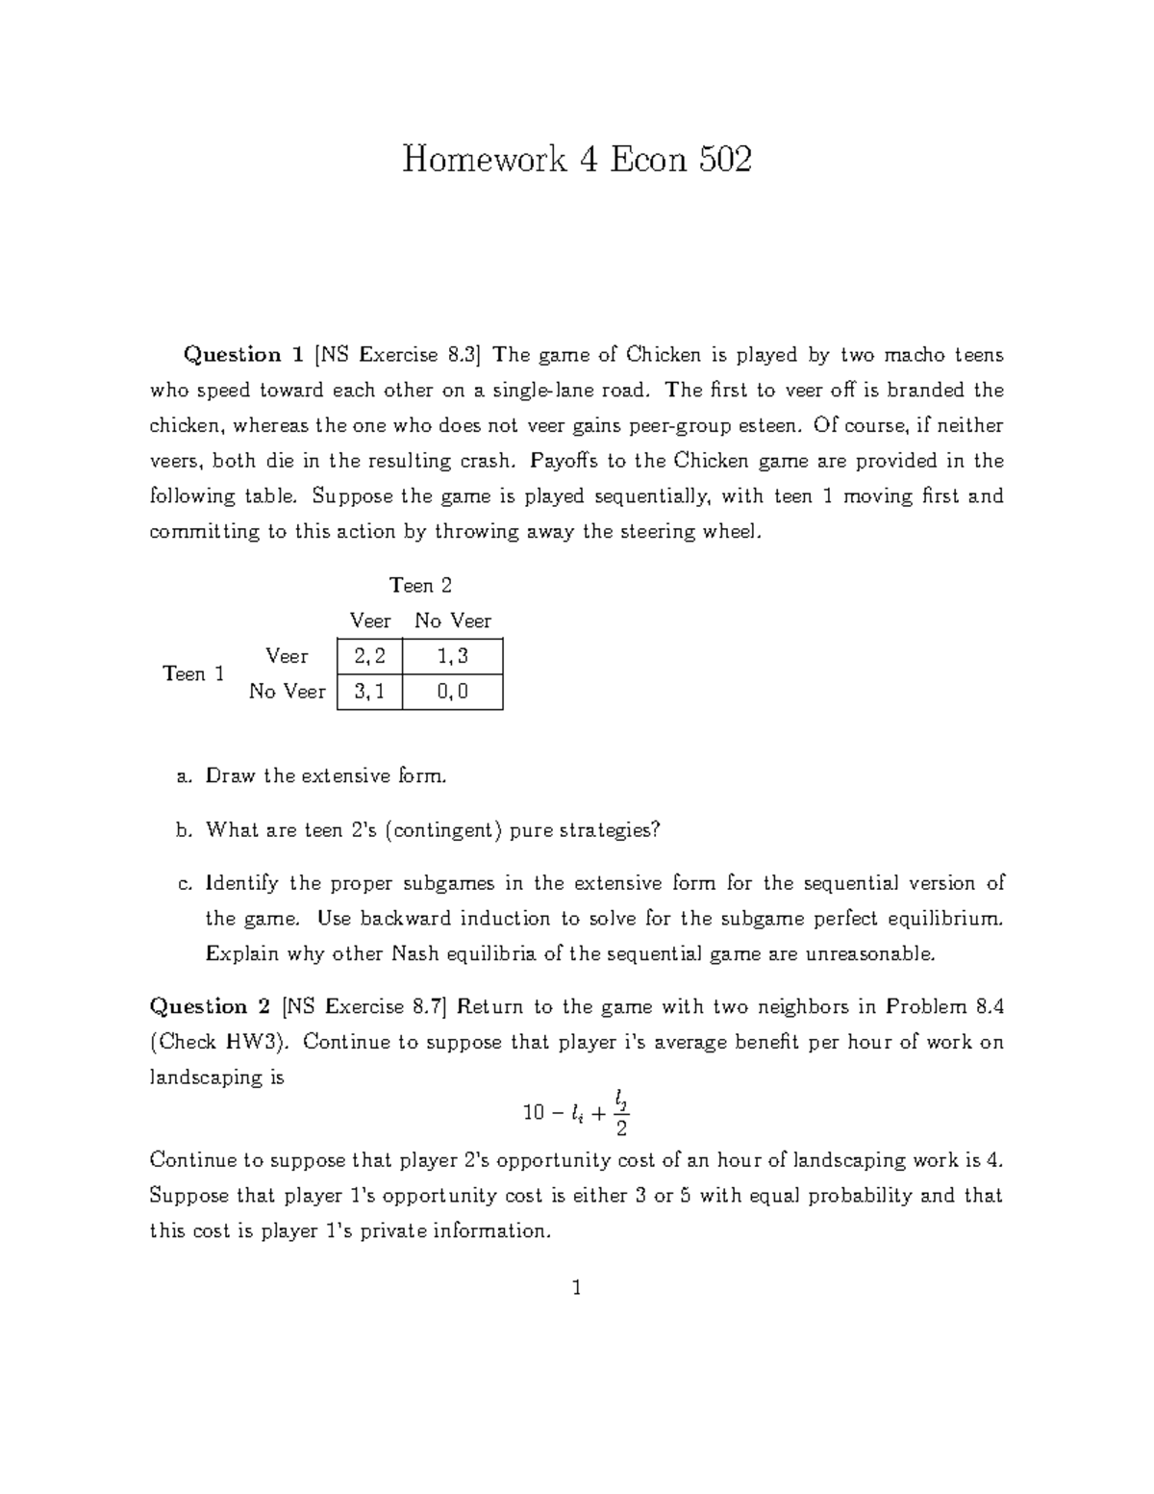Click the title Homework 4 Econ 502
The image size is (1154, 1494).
click(576, 159)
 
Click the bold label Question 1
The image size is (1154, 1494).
click(244, 355)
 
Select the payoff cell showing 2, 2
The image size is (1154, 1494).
click(369, 656)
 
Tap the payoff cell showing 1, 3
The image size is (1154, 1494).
click(452, 656)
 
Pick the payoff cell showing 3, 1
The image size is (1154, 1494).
click(369, 692)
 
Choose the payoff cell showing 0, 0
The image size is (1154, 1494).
click(452, 692)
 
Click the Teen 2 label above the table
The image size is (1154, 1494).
click(420, 585)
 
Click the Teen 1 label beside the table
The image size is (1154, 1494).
click(193, 673)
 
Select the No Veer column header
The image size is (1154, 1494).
click(453, 620)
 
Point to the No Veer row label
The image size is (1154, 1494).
click(287, 692)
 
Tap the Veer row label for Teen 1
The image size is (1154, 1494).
click(287, 656)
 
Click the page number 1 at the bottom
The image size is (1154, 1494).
click(576, 1287)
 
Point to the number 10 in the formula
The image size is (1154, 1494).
click(534, 1113)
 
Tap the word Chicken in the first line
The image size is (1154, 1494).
click(664, 355)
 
